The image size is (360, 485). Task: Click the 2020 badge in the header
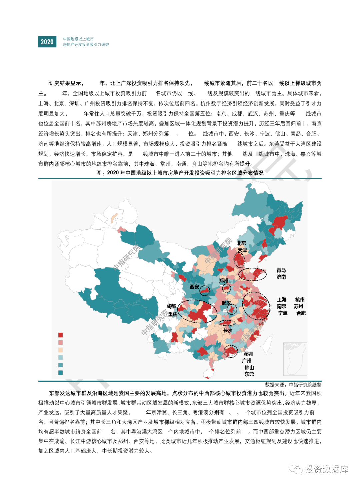point(47,42)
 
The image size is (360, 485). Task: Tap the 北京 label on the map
point(241,243)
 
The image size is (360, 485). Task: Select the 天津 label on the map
point(242,250)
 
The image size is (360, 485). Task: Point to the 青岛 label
point(281,270)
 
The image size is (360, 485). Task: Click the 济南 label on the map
point(281,277)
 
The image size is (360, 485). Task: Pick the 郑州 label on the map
point(224,280)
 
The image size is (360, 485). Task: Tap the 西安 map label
point(194,287)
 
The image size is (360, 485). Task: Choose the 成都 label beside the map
point(171,306)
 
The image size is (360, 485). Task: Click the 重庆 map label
point(173,314)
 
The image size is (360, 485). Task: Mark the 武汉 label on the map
point(226,303)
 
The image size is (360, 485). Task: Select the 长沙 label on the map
point(228,330)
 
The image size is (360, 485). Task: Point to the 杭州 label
point(300,299)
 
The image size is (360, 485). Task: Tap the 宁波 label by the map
point(283,313)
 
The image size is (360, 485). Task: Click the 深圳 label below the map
point(248,354)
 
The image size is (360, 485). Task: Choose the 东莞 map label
point(249,374)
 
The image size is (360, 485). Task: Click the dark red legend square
point(60,335)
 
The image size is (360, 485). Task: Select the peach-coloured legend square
point(60,350)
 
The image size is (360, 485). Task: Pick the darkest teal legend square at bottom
point(60,373)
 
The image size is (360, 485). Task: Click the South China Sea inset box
point(295,359)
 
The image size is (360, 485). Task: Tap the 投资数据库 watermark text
point(326,469)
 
